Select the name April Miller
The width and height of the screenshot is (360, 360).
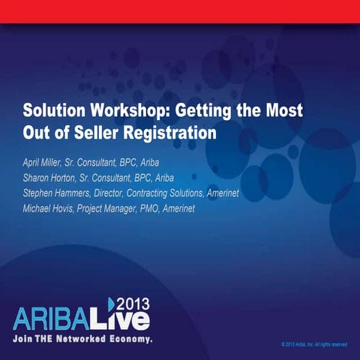point(47,163)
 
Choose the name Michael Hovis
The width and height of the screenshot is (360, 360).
point(51,208)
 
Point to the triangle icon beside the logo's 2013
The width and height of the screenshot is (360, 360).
point(112,303)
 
